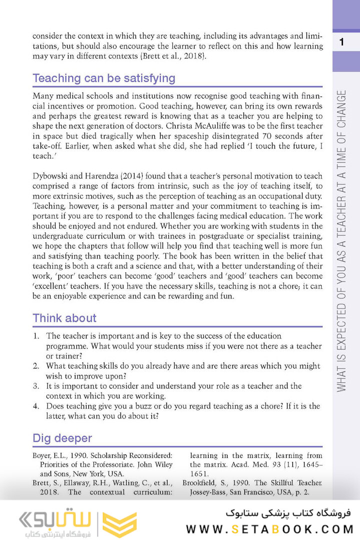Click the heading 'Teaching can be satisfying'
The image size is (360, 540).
coord(103,78)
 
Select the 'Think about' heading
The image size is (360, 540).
coord(64,318)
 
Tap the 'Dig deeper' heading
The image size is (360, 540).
coord(62,438)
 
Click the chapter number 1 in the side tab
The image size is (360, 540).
coord(341,42)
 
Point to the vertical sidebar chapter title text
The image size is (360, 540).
coord(341,240)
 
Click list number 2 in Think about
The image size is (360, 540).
coord(36,366)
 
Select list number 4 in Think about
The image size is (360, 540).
coord(36,406)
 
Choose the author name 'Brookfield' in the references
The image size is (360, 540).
coord(201,483)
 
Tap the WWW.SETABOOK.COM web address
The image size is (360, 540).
coord(270,529)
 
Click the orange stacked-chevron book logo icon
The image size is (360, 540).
coord(119,524)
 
